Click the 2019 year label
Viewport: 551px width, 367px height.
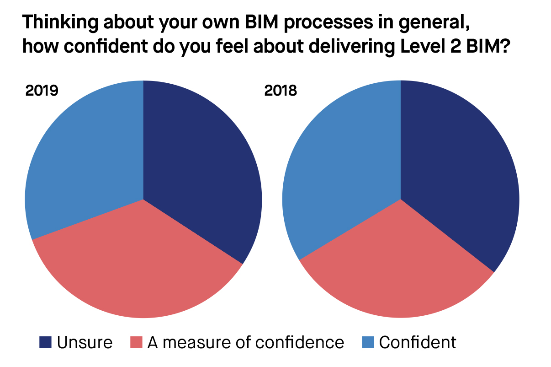[42, 91]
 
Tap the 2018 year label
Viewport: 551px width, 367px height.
[281, 91]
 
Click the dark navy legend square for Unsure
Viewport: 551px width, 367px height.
[46, 342]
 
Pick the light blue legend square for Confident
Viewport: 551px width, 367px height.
[368, 342]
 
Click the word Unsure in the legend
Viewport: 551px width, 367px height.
[85, 342]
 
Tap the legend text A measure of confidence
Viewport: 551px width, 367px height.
[245, 342]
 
